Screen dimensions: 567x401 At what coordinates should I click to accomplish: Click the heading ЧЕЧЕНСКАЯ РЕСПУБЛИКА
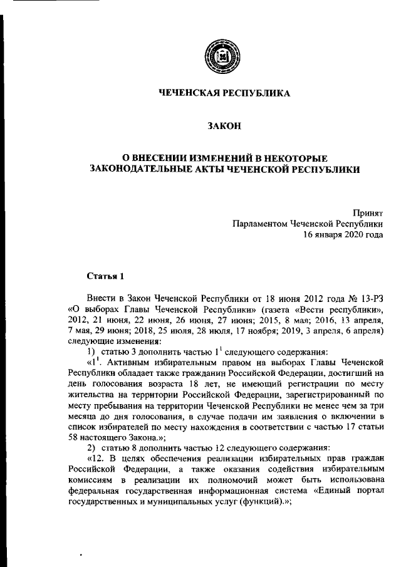pos(224,93)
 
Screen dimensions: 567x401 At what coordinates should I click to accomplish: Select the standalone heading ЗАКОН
pos(224,127)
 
